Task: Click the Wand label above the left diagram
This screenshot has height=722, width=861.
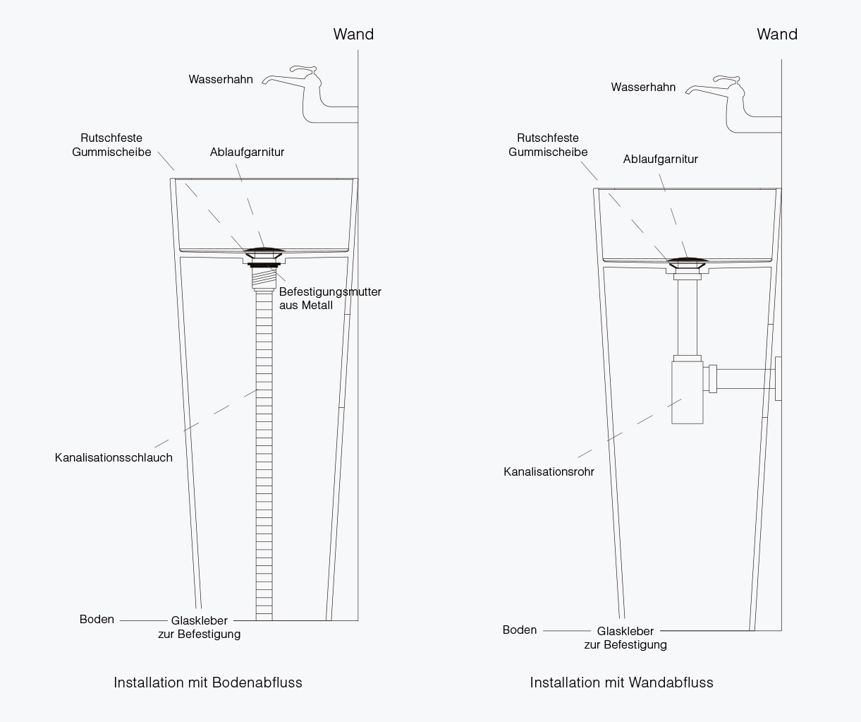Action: pyautogui.click(x=353, y=34)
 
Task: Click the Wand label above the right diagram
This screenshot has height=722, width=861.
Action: pyautogui.click(x=777, y=34)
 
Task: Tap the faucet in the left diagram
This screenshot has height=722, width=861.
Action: pyautogui.click(x=310, y=95)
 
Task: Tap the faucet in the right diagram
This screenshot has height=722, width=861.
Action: pyautogui.click(x=733, y=104)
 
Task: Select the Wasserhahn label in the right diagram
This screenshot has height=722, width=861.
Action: pyautogui.click(x=643, y=87)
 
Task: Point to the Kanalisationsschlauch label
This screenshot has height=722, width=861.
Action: pyautogui.click(x=114, y=457)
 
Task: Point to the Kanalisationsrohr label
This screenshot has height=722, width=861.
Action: pyautogui.click(x=549, y=471)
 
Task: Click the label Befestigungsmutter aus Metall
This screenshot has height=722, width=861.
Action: pyautogui.click(x=330, y=298)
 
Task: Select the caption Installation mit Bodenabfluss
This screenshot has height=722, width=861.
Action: pyautogui.click(x=208, y=682)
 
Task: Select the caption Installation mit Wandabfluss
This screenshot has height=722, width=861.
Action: pyautogui.click(x=621, y=682)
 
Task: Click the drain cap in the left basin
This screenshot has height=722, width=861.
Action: pyautogui.click(x=264, y=250)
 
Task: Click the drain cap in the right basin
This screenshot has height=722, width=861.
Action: pyautogui.click(x=688, y=260)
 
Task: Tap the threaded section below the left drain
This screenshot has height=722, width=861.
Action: pyautogui.click(x=264, y=277)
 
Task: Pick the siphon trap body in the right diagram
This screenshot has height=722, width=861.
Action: pyautogui.click(x=688, y=392)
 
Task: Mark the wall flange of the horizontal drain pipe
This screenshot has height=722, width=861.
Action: pyautogui.click(x=778, y=378)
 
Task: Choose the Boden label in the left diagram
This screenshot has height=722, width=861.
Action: pyautogui.click(x=97, y=619)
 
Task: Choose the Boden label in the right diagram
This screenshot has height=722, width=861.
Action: pyautogui.click(x=520, y=630)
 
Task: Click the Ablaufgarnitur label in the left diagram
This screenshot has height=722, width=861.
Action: pyautogui.click(x=247, y=152)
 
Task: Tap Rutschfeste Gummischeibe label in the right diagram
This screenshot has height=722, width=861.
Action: pyautogui.click(x=548, y=145)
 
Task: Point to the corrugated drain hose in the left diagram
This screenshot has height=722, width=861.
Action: pyautogui.click(x=264, y=454)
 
